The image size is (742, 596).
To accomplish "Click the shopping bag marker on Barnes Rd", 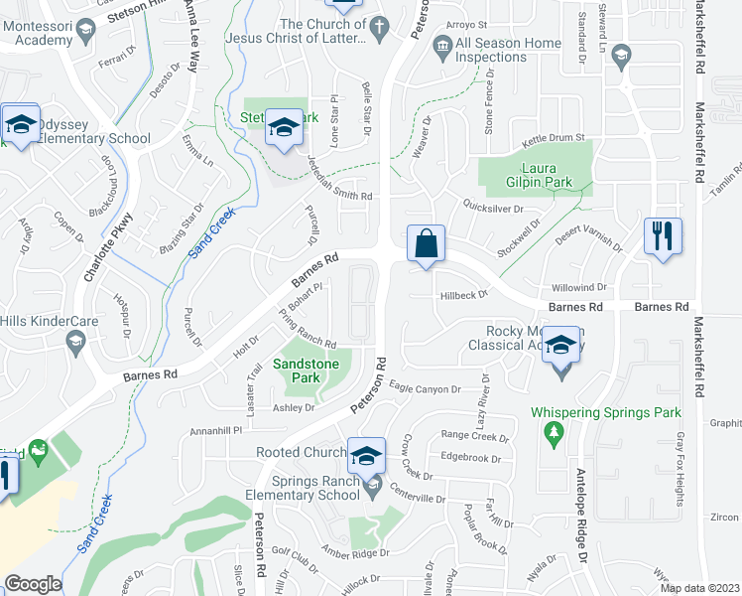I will click(x=426, y=244).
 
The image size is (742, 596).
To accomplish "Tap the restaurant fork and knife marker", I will click(x=663, y=237).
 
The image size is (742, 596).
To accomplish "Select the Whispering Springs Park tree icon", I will click(x=554, y=432).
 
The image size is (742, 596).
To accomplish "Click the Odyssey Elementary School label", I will click(x=88, y=138).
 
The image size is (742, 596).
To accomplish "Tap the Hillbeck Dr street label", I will click(x=463, y=295).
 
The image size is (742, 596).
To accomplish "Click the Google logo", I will click(x=33, y=584).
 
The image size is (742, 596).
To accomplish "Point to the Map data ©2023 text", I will click(x=698, y=588).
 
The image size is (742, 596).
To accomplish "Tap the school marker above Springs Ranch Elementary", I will click(x=366, y=456).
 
